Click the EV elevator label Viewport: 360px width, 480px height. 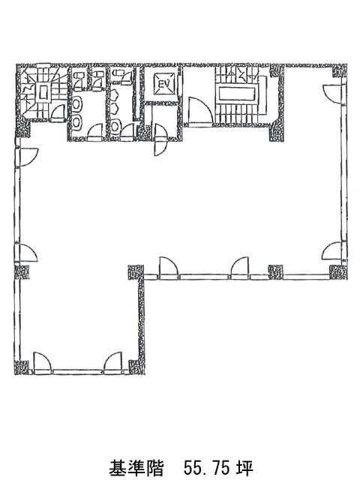(164, 83)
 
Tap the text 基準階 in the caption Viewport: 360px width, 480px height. (136, 468)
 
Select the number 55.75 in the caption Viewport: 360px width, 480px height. (205, 468)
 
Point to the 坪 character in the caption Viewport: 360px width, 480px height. (245, 468)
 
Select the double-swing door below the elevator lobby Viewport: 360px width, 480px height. (161, 139)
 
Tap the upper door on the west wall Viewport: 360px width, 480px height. (28, 157)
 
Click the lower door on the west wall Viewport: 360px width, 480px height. (28, 253)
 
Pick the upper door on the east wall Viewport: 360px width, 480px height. (332, 94)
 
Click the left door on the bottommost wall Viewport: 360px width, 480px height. (42, 362)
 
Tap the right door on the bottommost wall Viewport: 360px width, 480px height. (113, 362)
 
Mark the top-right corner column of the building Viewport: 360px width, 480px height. (340, 71)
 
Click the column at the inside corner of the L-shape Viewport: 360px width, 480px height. (136, 272)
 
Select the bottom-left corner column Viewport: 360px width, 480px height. (22, 368)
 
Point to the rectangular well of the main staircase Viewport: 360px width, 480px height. (237, 94)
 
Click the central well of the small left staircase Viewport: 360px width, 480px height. (43, 92)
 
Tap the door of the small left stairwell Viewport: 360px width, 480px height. (58, 112)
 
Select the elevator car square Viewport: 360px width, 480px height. (164, 83)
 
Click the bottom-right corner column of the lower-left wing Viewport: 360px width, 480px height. (136, 367)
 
